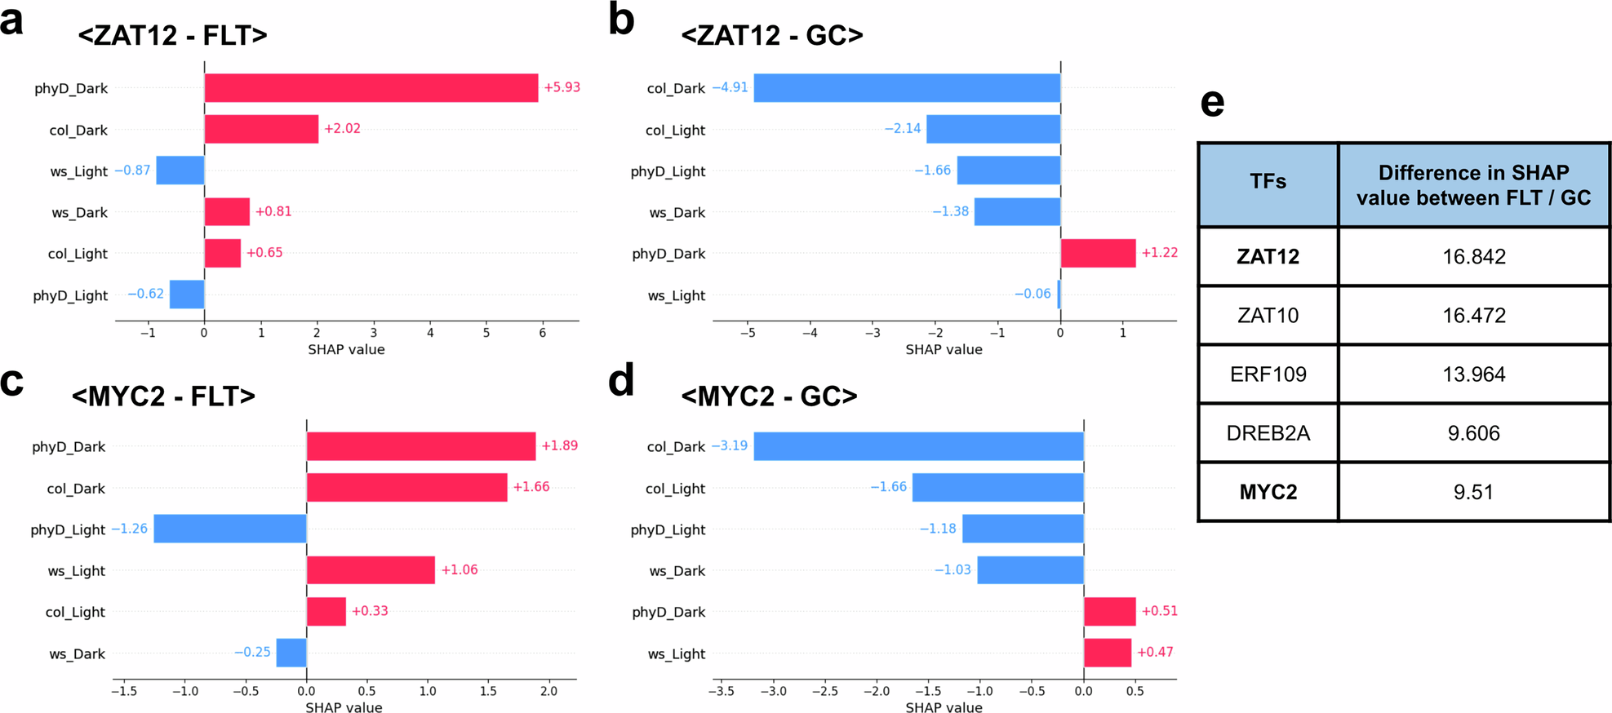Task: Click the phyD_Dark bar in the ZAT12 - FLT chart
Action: [x=371, y=88]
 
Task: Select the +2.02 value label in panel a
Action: [x=342, y=129]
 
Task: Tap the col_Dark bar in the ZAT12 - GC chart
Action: [x=906, y=88]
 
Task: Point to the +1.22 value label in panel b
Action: [x=1159, y=253]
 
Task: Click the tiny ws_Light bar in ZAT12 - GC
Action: [x=1059, y=294]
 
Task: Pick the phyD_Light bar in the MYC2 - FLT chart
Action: [x=229, y=529]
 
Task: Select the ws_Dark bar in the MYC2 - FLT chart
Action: [x=291, y=653]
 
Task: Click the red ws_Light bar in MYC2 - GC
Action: [x=1107, y=653]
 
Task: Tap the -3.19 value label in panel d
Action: [x=730, y=446]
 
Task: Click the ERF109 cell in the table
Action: [x=1268, y=374]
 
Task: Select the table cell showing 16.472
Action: [x=1473, y=316]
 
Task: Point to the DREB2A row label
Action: [x=1268, y=433]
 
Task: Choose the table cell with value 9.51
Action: [x=1473, y=493]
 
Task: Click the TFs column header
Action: [x=1268, y=182]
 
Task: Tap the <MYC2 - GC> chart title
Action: [x=769, y=396]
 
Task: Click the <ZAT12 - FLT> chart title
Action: [x=172, y=36]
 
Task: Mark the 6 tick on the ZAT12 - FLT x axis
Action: [x=543, y=333]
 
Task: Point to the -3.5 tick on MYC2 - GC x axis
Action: [x=721, y=692]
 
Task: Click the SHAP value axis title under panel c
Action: [x=344, y=707]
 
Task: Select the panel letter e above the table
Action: [x=1212, y=104]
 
